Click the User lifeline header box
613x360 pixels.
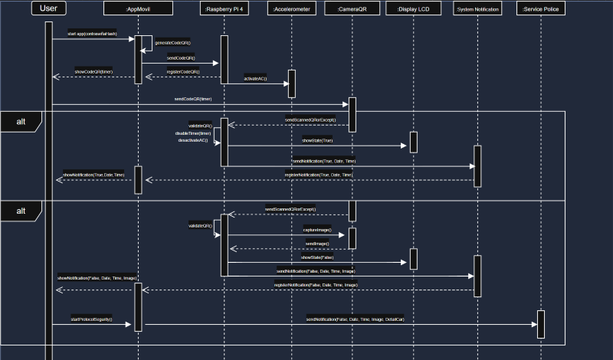click(49, 9)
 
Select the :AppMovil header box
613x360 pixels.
click(138, 9)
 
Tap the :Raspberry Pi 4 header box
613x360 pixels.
click(225, 9)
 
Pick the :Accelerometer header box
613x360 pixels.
click(291, 9)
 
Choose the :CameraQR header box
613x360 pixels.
click(352, 9)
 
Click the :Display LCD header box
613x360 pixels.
click(414, 9)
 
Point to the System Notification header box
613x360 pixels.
click(477, 9)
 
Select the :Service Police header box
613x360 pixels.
click(541, 9)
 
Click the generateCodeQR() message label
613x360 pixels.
click(172, 43)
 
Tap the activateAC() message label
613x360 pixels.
click(256, 79)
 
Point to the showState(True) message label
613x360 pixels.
click(317, 140)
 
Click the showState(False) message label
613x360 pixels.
click(317, 257)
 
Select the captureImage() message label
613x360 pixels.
click(316, 230)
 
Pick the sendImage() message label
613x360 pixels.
click(317, 244)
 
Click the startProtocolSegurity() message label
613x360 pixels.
click(91, 319)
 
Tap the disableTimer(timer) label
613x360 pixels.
click(193, 133)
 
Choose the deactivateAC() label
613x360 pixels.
click(193, 141)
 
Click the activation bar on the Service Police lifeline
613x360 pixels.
click(541, 323)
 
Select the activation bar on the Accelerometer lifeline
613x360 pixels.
click(291, 83)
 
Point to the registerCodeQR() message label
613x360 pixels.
click(182, 71)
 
